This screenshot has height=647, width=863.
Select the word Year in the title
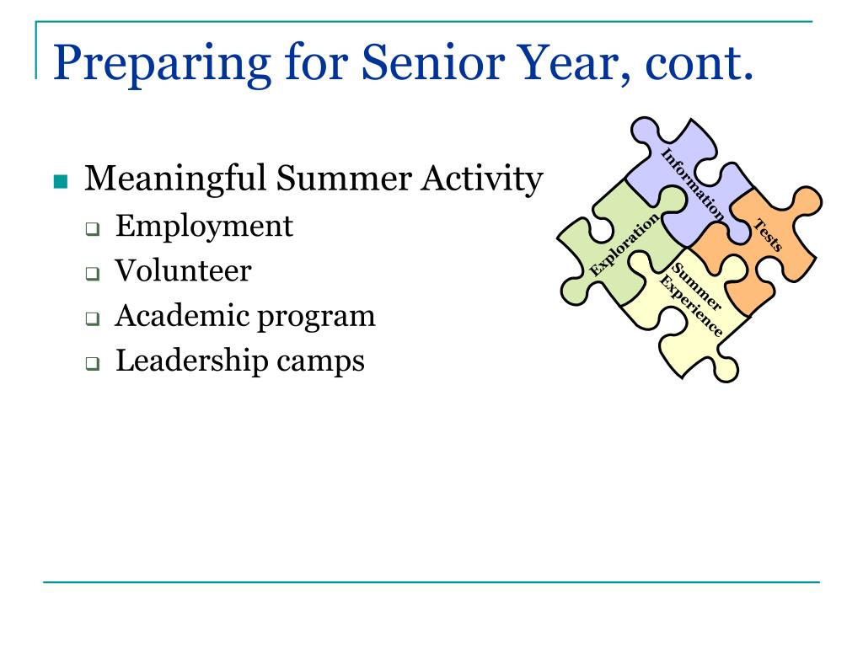tap(574, 62)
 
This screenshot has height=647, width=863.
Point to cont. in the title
tap(699, 64)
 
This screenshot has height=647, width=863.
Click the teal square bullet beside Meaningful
tap(61, 181)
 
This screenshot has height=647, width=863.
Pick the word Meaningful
tap(175, 179)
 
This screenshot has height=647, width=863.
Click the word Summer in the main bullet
tap(344, 179)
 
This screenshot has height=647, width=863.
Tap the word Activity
tap(482, 179)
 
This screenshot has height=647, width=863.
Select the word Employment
tap(204, 227)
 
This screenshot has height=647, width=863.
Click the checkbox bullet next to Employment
tap(93, 229)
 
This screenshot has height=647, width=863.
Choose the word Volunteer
tap(183, 270)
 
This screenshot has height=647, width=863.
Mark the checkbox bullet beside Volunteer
tap(93, 274)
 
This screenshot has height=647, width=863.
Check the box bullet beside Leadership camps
tap(93, 364)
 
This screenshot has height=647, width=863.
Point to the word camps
tap(320, 362)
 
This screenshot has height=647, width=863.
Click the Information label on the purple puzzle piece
tap(693, 184)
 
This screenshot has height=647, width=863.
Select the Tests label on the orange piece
tap(768, 235)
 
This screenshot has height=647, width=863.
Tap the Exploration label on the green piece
tap(624, 244)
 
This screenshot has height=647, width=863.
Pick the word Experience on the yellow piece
tap(691, 306)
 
